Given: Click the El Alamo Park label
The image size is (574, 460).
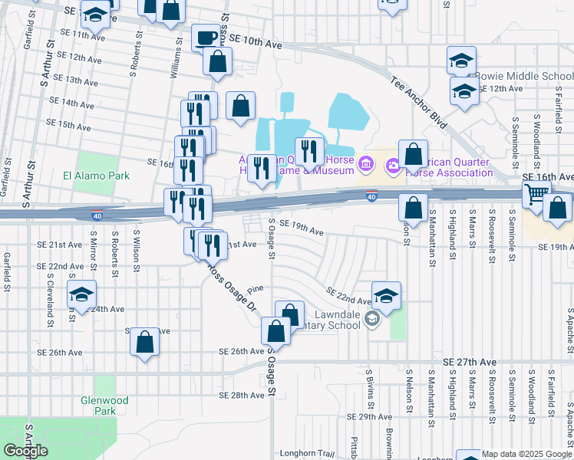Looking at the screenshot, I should (x=96, y=176).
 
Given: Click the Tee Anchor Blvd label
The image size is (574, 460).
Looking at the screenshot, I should (x=417, y=100).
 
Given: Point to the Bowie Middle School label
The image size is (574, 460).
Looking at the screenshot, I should (x=525, y=77).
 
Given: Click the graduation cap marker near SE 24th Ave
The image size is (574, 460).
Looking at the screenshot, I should (x=81, y=295).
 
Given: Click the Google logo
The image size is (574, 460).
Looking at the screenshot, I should (x=25, y=451).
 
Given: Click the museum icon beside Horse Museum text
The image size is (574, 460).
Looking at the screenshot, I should (x=366, y=163).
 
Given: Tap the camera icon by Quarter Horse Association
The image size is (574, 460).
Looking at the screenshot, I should (x=394, y=164).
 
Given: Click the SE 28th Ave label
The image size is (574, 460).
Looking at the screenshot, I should (x=241, y=396).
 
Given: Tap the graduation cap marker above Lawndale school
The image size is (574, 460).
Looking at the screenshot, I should (x=386, y=295).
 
